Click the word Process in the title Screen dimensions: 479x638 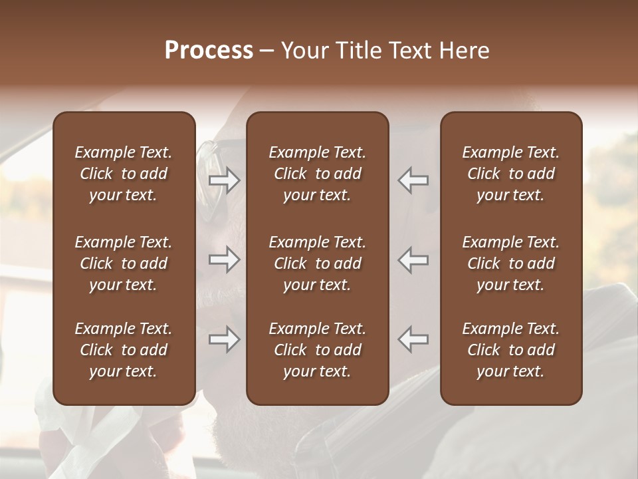pyautogui.click(x=209, y=51)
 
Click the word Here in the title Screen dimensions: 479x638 pyautogui.click(x=465, y=51)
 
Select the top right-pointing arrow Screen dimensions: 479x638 pyautogui.click(x=224, y=180)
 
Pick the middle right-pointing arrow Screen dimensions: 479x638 pyautogui.click(x=224, y=259)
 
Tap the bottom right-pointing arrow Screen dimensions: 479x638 pyautogui.click(x=224, y=339)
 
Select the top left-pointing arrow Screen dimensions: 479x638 pyautogui.click(x=413, y=180)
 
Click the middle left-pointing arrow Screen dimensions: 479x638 pyautogui.click(x=413, y=259)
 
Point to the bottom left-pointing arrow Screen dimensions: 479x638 pyautogui.click(x=413, y=339)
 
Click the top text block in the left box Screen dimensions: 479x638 pyautogui.click(x=124, y=174)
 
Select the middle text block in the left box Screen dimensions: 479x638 pyautogui.click(x=124, y=263)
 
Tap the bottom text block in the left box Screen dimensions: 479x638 pyautogui.click(x=124, y=350)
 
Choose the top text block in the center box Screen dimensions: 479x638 pyautogui.click(x=317, y=174)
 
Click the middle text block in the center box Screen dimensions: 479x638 pyautogui.click(x=317, y=263)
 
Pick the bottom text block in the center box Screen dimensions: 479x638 pyautogui.click(x=317, y=350)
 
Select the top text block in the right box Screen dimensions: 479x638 pyautogui.click(x=510, y=174)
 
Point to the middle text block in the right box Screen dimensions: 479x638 pyautogui.click(x=510, y=263)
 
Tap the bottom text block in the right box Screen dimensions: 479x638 pyautogui.click(x=510, y=350)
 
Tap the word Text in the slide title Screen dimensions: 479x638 pyautogui.click(x=409, y=51)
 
